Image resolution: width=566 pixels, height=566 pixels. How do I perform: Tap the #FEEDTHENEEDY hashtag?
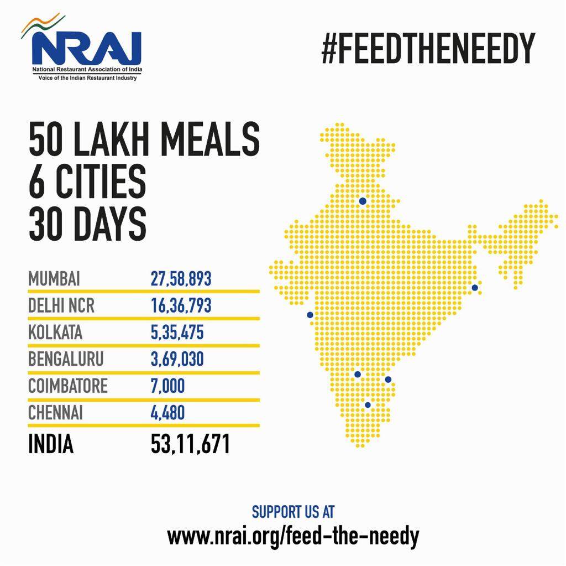pos(428,49)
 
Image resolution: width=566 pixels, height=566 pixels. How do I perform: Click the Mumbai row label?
pos(54,278)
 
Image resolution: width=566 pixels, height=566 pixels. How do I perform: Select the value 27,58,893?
pos(181,278)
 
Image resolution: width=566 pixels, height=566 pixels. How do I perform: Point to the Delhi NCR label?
pos(61,305)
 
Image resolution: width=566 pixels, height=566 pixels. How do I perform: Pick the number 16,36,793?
pos(181,305)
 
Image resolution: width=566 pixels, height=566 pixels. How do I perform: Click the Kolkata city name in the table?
pos(55,333)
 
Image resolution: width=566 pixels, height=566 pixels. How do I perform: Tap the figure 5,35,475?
pos(177,333)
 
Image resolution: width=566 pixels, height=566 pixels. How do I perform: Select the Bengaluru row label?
pos(66,359)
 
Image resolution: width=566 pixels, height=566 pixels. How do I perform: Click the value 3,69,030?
pos(177,359)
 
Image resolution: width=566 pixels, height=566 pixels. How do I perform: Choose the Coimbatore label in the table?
pos(68,386)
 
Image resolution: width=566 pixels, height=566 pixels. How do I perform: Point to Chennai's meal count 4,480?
pos(167,413)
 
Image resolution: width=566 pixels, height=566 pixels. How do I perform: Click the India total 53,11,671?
pos(190,444)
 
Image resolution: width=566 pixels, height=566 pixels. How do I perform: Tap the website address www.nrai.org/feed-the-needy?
pos(293,536)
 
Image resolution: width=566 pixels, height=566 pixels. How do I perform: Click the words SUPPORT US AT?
pos(293,512)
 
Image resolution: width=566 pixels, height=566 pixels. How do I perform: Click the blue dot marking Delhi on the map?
pos(363,201)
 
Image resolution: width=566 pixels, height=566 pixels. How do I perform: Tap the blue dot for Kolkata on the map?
pos(474,288)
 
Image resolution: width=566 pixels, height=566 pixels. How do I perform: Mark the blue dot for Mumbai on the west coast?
pos(310,315)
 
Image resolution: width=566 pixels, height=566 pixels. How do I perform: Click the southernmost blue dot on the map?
pos(368,405)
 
